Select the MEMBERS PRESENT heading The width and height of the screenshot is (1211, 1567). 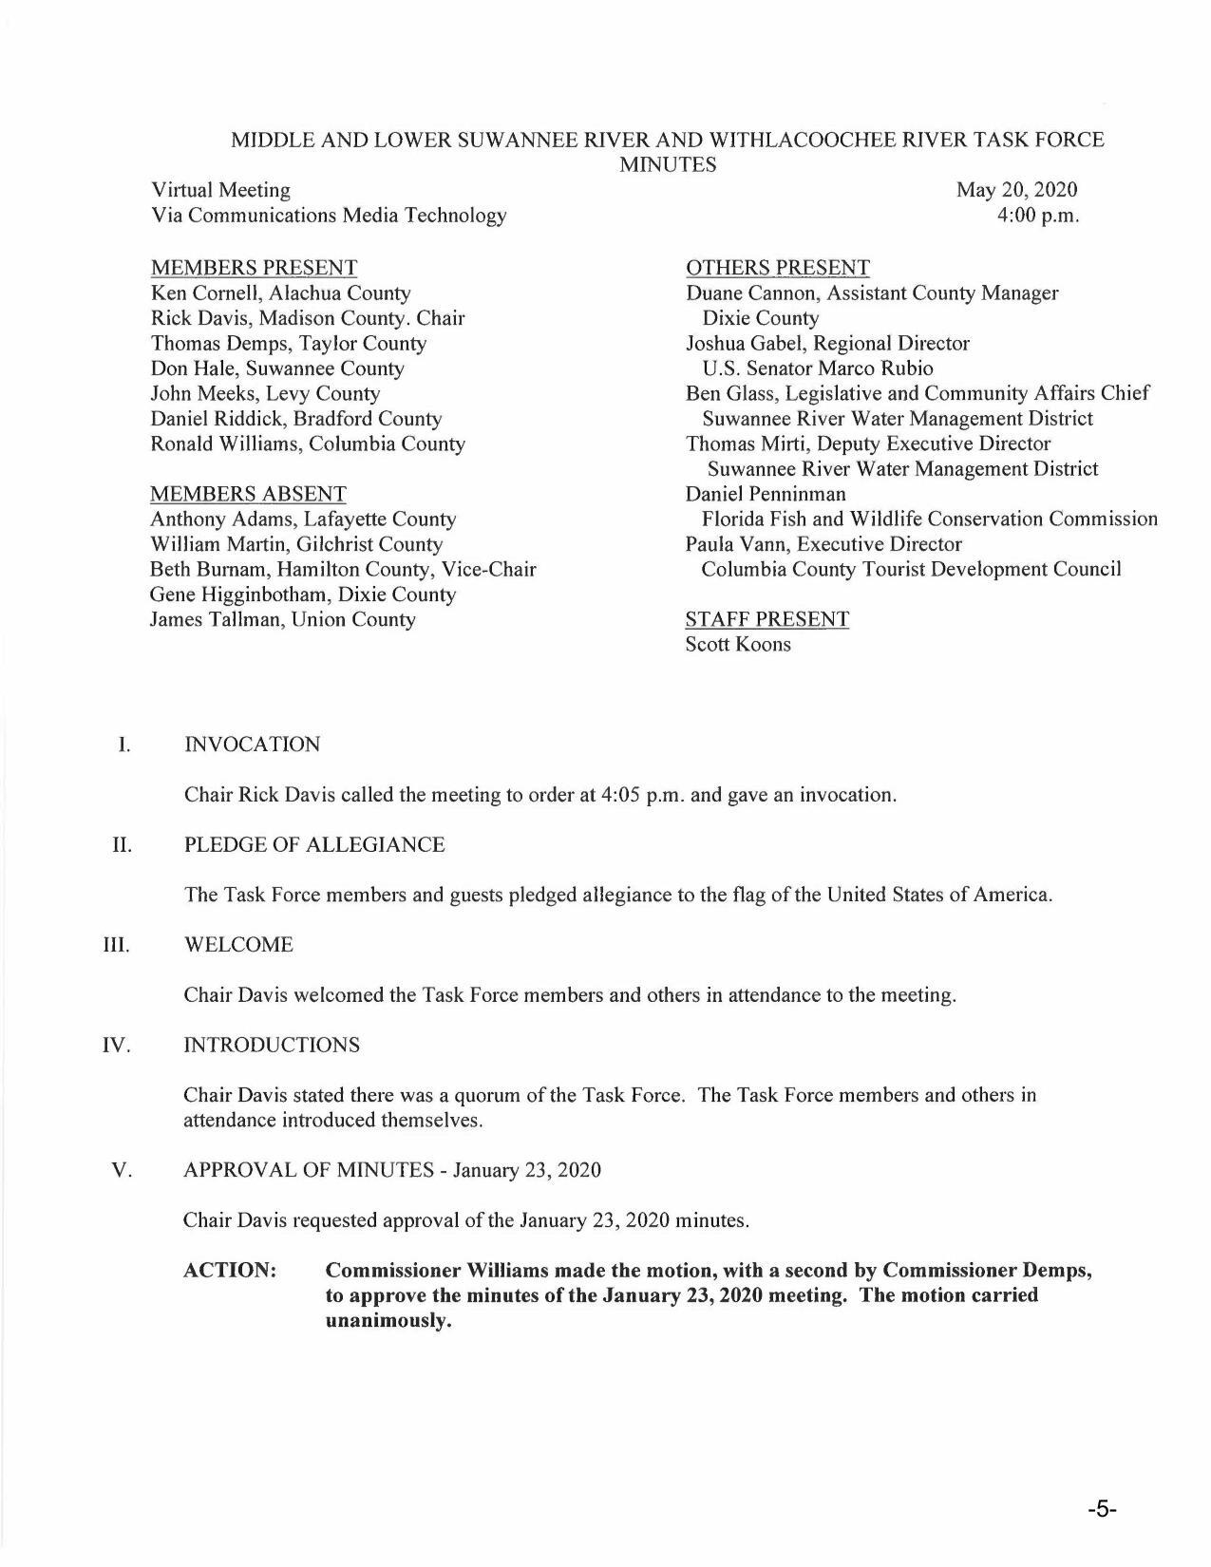tap(254, 268)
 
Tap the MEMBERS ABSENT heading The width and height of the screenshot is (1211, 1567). tap(248, 494)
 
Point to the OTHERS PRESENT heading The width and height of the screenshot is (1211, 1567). tap(777, 268)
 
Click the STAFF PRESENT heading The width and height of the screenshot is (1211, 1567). tap(766, 619)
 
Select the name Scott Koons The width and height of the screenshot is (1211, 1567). tap(737, 644)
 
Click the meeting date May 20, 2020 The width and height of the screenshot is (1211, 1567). tap(1016, 190)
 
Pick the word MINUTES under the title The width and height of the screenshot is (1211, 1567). tap(668, 164)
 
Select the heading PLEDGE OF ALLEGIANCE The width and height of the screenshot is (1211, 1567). tap(313, 844)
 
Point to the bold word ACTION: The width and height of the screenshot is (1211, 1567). tap(230, 1270)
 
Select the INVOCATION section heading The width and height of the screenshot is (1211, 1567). tap(252, 744)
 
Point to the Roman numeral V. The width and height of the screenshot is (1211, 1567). tap(121, 1169)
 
